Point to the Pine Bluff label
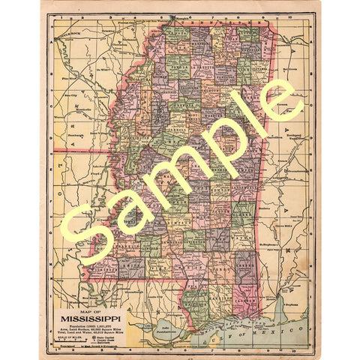coord(72,77)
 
